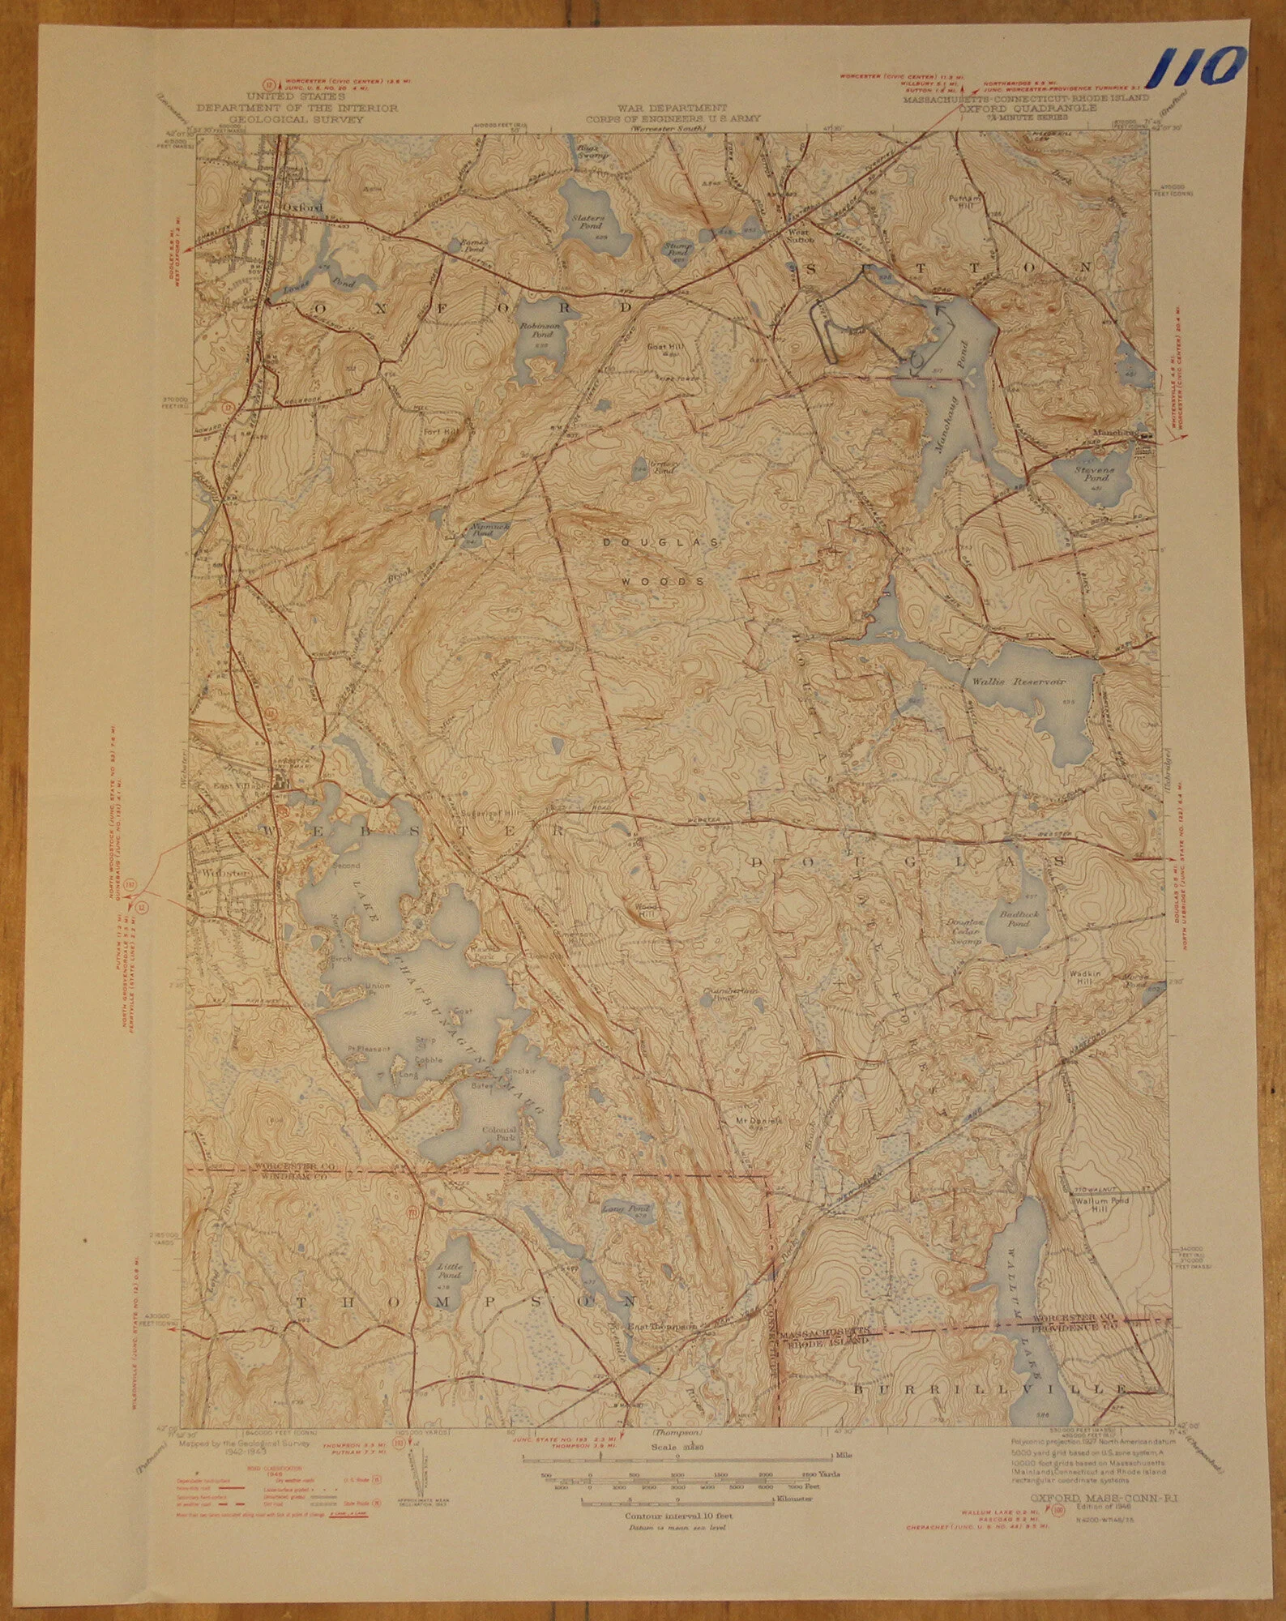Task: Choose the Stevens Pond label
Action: (1094, 473)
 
